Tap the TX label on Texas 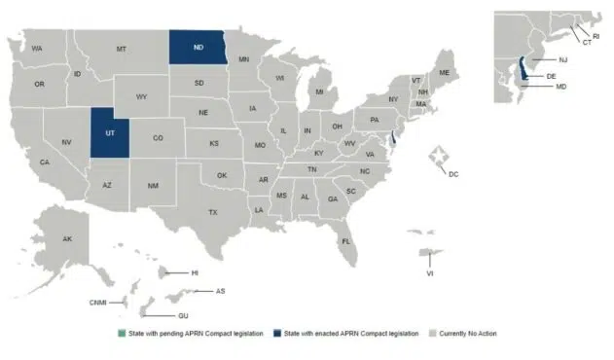coord(212,211)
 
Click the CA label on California coord(45,162)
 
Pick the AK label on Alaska coord(67,239)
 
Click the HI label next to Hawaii coord(194,273)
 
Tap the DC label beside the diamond coord(453,173)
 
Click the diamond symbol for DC coord(440,157)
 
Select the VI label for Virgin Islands coord(429,273)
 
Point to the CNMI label coord(98,303)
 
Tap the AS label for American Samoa coord(221,291)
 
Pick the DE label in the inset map coord(551,75)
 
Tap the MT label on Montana coord(122,49)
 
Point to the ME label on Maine coord(444,73)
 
